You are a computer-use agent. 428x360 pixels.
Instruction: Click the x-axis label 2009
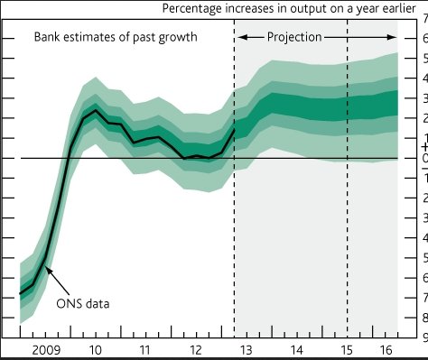[x=46, y=350]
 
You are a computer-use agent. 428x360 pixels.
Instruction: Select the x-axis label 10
[x=96, y=350]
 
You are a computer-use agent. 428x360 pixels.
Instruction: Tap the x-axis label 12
[x=196, y=350]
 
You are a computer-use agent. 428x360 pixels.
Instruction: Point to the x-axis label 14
[x=296, y=350]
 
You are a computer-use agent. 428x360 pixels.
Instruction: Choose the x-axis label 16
[x=386, y=350]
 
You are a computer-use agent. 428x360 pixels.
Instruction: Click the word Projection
[x=294, y=37]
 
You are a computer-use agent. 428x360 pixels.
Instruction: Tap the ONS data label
[x=83, y=303]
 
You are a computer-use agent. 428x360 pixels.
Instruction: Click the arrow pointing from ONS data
[x=58, y=282]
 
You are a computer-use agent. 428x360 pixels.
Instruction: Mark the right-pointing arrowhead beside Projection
[x=392, y=37]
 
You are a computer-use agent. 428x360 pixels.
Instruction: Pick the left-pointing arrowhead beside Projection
[x=243, y=37]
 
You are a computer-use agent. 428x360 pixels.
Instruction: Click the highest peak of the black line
[x=96, y=110]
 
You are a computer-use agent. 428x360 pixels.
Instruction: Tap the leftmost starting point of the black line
[x=20, y=293]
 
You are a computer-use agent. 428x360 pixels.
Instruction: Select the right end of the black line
[x=234, y=130]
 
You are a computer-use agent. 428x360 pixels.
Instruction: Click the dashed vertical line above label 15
[x=347, y=179]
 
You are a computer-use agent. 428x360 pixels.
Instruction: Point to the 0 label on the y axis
[x=425, y=158]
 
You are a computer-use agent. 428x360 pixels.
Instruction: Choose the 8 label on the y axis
[x=425, y=318]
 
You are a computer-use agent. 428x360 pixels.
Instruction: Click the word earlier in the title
[x=399, y=8]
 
